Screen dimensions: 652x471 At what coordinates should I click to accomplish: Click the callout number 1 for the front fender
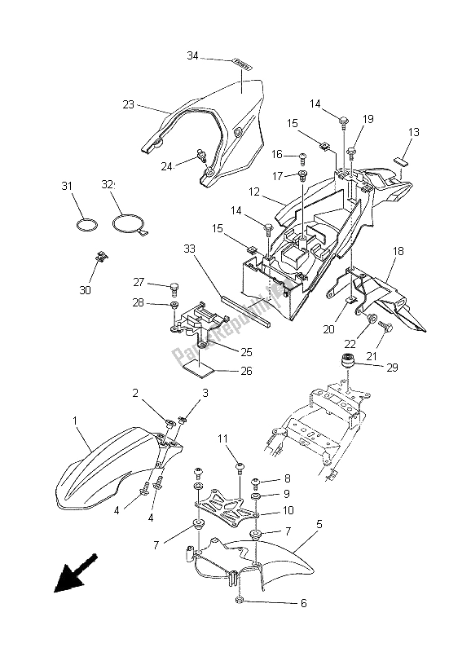[x=75, y=421]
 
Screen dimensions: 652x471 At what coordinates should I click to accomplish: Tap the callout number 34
[x=192, y=56]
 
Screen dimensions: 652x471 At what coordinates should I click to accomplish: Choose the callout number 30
[x=86, y=289]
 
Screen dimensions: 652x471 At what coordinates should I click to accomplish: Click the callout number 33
[x=189, y=249]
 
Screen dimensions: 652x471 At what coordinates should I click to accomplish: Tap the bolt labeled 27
[x=174, y=287]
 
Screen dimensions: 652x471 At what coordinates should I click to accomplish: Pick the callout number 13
[x=413, y=132]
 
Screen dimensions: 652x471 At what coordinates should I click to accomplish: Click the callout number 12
[x=253, y=193]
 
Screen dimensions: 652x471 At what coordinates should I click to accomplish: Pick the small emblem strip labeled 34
[x=243, y=62]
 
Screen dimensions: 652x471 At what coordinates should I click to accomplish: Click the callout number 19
[x=368, y=120]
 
